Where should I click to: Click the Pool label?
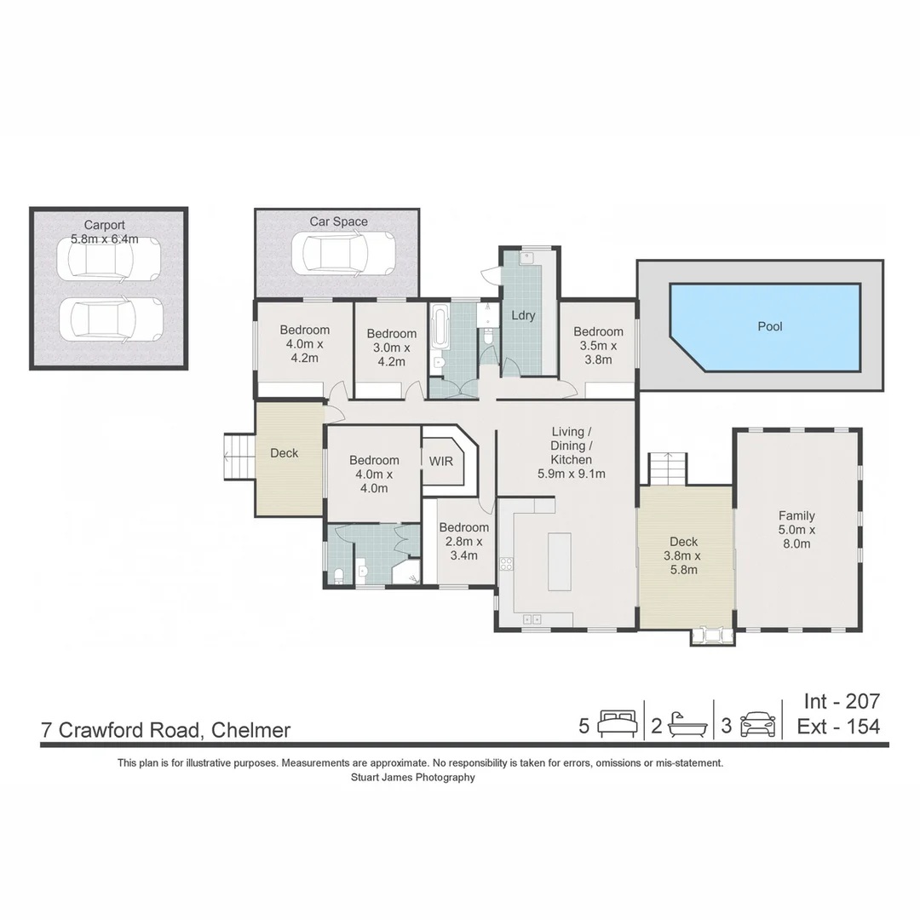769,326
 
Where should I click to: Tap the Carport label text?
104,226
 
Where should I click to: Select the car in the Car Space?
343,252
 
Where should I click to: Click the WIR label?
440,461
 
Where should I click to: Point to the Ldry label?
523,315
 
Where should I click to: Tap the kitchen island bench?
559,561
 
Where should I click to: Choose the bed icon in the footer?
618,725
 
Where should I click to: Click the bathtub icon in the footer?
686,725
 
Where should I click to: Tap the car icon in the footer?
757,725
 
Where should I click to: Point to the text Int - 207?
841,701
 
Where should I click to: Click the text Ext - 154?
838,727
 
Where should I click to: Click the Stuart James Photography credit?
412,777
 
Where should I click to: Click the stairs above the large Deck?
668,469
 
